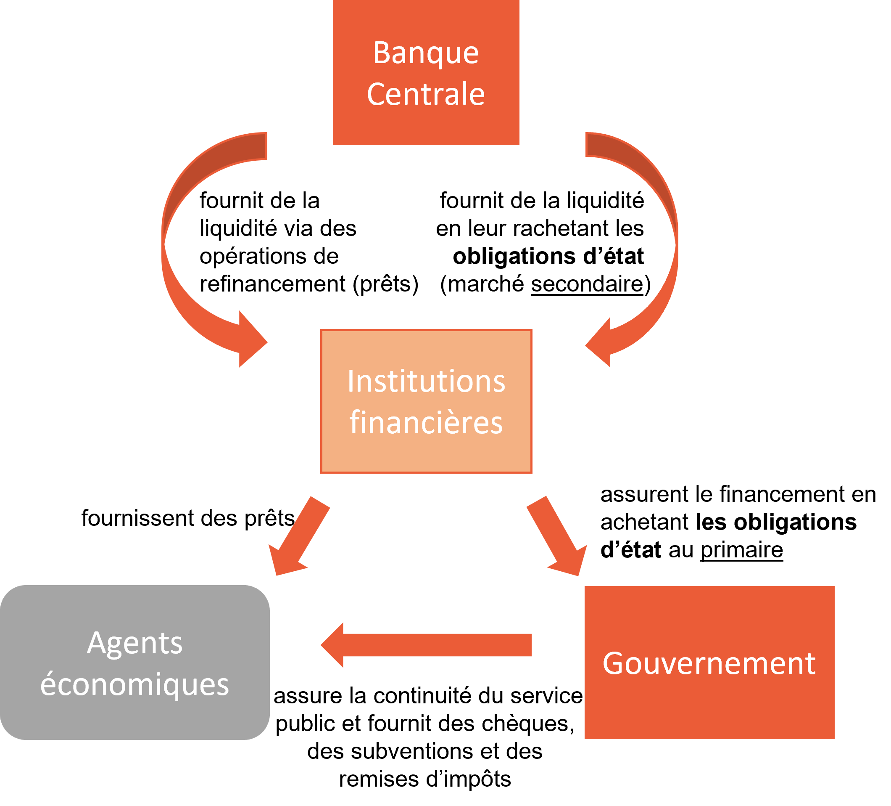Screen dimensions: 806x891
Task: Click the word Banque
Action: tap(426, 53)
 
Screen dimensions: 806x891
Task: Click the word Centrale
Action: tap(426, 94)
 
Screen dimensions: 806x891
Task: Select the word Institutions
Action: tap(426, 381)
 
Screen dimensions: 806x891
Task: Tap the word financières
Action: tap(426, 422)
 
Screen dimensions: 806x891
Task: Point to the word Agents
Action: tap(135, 643)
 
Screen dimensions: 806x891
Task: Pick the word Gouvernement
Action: tap(709, 663)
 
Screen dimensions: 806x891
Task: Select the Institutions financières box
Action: tap(426, 456)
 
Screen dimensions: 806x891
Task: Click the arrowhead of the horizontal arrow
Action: tap(334, 645)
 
